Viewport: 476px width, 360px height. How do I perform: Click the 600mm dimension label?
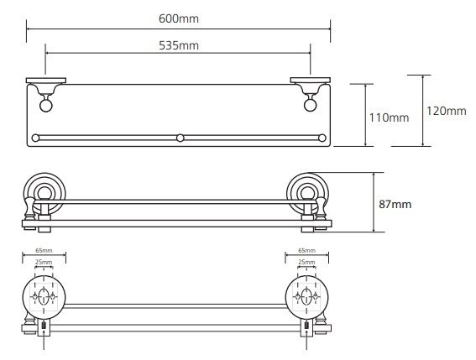click(x=179, y=18)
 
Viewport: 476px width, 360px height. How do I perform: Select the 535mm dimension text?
click(x=179, y=45)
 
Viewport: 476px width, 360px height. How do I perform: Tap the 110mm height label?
click(x=389, y=117)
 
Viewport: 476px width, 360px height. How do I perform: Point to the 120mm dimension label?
click(x=447, y=111)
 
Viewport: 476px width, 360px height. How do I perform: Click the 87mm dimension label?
click(x=395, y=204)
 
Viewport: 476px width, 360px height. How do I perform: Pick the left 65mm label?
click(x=44, y=250)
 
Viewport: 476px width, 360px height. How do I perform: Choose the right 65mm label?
click(x=307, y=250)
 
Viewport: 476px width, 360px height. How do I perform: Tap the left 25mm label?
click(x=44, y=262)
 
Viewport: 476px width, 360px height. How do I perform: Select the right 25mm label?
click(x=307, y=262)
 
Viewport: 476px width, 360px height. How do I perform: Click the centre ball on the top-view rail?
click(x=180, y=138)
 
